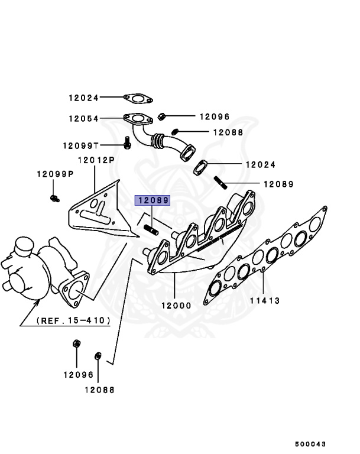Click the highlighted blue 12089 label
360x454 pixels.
[x=153, y=200]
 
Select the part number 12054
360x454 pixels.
[x=83, y=118]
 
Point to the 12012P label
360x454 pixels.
[x=96, y=160]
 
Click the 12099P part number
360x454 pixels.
[x=54, y=174]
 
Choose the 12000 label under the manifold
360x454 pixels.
[x=176, y=306]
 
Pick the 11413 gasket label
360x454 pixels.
[x=264, y=301]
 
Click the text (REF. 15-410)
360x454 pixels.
[x=73, y=320]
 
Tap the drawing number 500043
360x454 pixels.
[x=311, y=443]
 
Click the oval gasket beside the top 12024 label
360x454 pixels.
[x=138, y=98]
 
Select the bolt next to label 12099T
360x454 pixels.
[x=127, y=143]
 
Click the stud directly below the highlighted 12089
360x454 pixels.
[x=150, y=226]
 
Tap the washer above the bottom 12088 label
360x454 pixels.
[x=98, y=356]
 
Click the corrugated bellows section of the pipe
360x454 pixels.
[x=158, y=141]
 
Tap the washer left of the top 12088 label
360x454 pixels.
[x=176, y=131]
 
